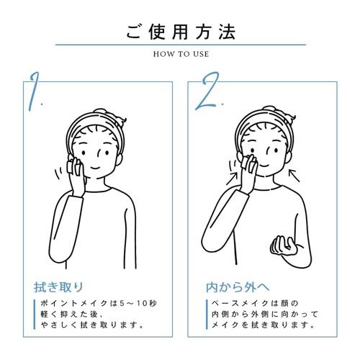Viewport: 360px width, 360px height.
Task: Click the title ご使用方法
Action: [179, 32]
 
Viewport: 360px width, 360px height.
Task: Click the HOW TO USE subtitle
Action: [179, 53]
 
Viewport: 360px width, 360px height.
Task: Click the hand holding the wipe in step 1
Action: [74, 170]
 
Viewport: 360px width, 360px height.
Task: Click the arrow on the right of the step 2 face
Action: [293, 172]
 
